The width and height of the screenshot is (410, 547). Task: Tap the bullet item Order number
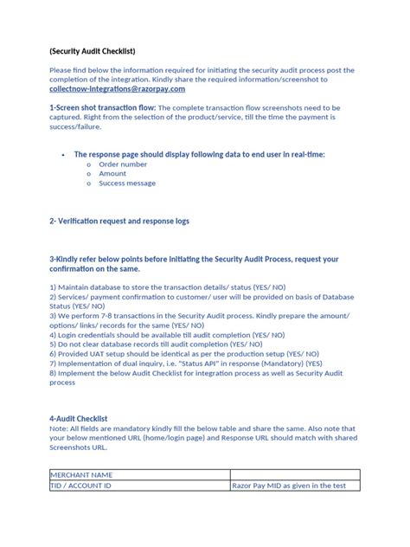pyautogui.click(x=123, y=164)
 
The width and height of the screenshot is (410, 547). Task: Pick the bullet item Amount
pyautogui.click(x=112, y=173)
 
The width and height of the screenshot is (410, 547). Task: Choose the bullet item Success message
pyautogui.click(x=127, y=183)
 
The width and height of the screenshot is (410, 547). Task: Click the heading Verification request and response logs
pyautogui.click(x=119, y=221)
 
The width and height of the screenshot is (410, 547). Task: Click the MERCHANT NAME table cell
pyautogui.click(x=82, y=474)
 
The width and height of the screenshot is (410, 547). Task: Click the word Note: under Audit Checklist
pyautogui.click(x=59, y=428)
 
